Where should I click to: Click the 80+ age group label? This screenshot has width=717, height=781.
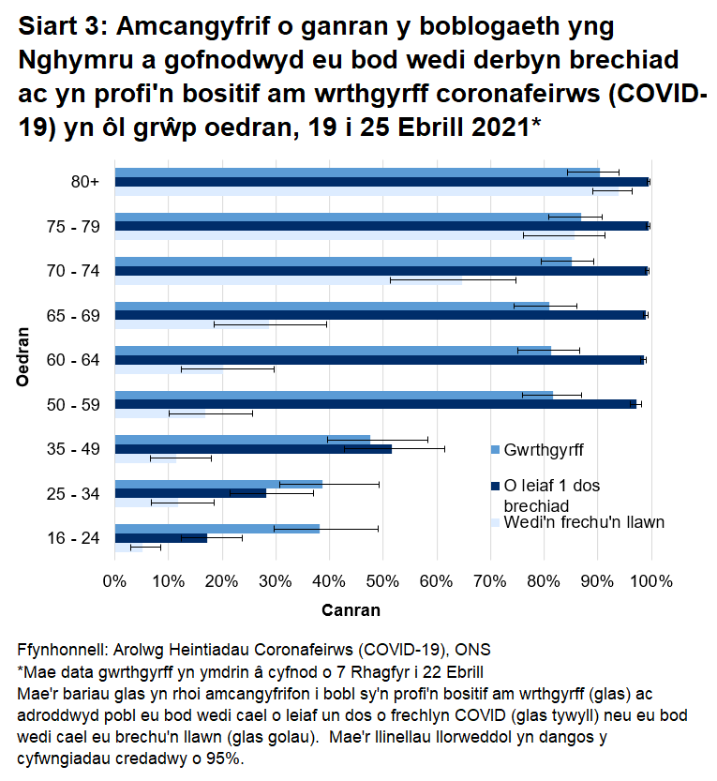pos(85,182)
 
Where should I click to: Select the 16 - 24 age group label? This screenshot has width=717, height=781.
pos(75,538)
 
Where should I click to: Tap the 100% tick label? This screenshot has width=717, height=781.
pos(651,581)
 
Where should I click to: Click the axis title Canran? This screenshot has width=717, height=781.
pos(351,610)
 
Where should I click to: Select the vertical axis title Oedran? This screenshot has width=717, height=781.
pos(24,356)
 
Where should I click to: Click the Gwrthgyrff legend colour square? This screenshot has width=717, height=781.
pos(496,450)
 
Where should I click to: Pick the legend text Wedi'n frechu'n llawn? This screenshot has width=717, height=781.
pos(584,522)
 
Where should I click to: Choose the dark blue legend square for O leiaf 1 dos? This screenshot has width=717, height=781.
pos(496,486)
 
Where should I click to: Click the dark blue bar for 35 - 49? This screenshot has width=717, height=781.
pos(253,449)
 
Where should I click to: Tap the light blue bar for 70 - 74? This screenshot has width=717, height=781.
pos(289,279)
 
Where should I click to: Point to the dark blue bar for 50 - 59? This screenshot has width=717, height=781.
pos(375,404)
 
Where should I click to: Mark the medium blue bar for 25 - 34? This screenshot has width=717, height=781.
pos(217,484)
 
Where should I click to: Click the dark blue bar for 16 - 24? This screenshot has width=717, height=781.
pos(160,538)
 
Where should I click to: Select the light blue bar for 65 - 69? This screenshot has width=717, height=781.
pos(192,324)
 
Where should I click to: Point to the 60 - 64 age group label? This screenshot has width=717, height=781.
pos(75,360)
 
